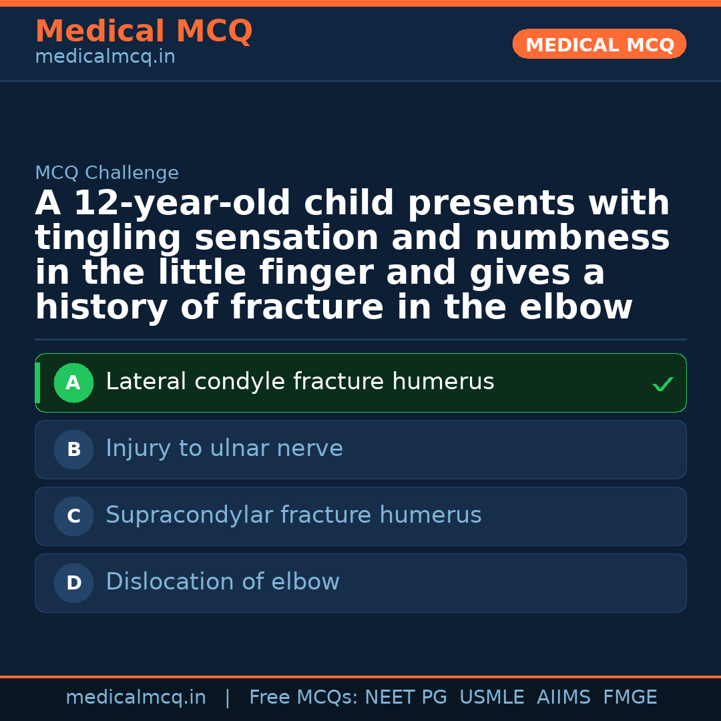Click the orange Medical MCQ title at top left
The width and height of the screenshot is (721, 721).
coord(144,31)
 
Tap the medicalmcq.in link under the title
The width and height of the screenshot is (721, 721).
coord(105,57)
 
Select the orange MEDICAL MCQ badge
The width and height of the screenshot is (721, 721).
coord(599,45)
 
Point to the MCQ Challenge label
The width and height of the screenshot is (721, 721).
coord(107,174)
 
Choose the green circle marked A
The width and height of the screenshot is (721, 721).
coord(73,383)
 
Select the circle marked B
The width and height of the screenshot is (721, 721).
coord(73,450)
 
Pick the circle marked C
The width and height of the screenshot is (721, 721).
coord(73,517)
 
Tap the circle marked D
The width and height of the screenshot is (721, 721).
coord(73,583)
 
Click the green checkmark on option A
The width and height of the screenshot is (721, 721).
coord(662,385)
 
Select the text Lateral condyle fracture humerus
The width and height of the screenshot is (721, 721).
coord(300,382)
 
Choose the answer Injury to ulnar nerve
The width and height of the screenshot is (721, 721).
coord(224,449)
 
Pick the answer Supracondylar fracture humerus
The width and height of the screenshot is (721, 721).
coord(294,515)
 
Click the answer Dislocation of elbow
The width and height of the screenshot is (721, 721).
coord(222,582)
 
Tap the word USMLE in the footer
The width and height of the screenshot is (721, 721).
coord(492,698)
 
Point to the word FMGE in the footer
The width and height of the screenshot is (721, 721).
coord(630,698)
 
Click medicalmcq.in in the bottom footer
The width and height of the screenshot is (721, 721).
coord(136,698)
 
